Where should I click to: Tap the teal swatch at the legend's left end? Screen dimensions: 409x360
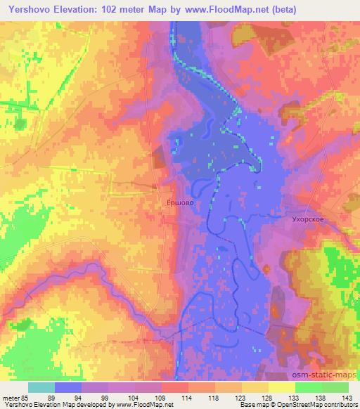pyautogui.click(x=41, y=388)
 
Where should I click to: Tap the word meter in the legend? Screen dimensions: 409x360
pyautogui.click(x=11, y=398)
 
